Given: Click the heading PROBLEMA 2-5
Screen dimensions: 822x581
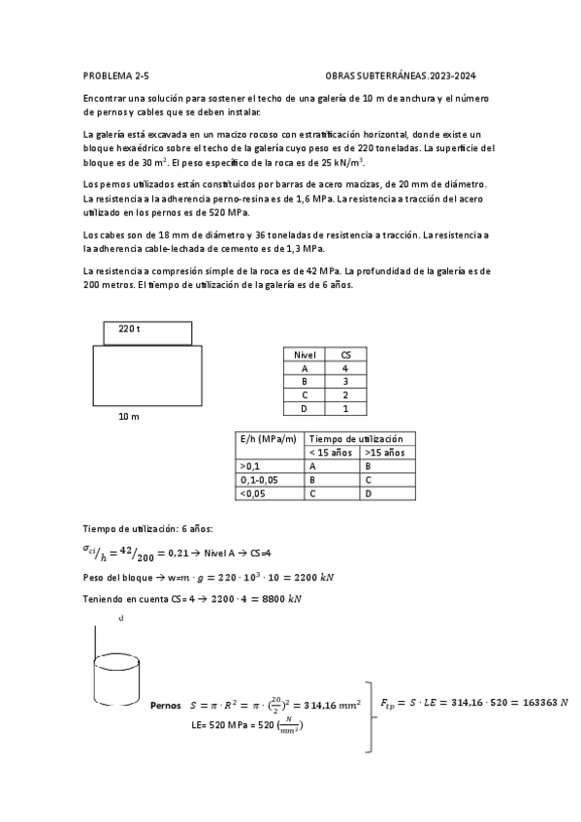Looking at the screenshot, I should coord(116,75).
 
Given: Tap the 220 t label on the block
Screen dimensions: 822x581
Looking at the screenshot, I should coord(129,330).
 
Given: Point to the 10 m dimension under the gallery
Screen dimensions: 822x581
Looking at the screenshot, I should coord(128,416).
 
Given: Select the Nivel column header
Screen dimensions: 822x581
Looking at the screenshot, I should coord(305,355).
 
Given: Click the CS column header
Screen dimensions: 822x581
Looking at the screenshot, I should coord(345,355).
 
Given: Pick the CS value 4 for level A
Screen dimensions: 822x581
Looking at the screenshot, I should coord(345,368).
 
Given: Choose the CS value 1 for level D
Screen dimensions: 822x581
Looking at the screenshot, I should coord(345,409).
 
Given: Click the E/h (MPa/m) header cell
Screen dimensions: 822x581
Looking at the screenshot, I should coord(268,439).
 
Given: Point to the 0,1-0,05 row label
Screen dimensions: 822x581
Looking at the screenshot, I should coord(258,480).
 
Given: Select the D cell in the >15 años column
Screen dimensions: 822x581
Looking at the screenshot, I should coord(368,493).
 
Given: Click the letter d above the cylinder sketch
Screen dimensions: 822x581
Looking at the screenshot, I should coord(121,617).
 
